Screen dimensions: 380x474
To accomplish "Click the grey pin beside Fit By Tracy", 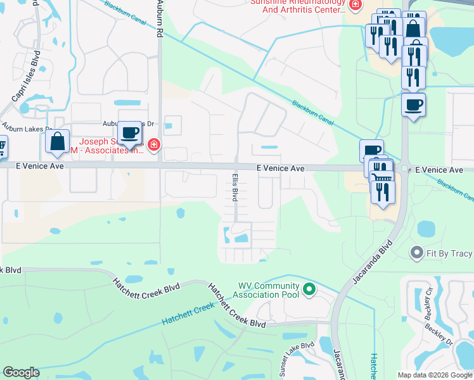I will pos(416,253).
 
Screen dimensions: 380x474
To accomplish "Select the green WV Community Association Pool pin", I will pos(309,289).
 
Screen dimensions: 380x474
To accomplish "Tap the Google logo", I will pos(21,372).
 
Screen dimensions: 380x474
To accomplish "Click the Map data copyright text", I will pos(435,375).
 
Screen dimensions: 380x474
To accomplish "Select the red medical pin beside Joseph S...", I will pos(153,146).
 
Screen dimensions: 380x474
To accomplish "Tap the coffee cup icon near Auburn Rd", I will pos(130,133).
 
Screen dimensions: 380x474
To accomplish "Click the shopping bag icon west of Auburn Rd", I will pos(58,141).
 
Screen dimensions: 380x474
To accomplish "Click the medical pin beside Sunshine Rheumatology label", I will pos(355,5).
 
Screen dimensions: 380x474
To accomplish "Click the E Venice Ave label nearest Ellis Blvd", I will pos(280,168).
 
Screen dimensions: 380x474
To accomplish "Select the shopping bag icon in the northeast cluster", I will pos(413,28).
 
